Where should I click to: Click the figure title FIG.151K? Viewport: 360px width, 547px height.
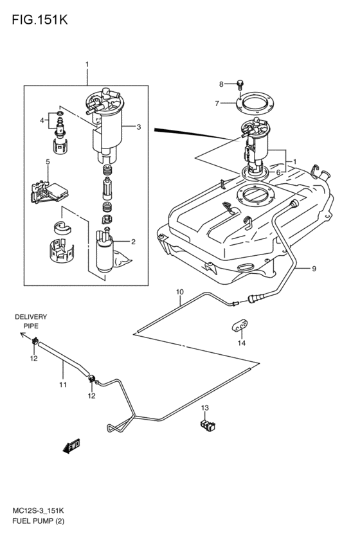click(40, 19)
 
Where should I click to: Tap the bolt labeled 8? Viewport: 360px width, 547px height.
click(240, 84)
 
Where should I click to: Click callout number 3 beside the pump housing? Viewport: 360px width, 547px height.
click(138, 127)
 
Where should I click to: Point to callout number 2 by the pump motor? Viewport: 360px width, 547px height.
click(133, 242)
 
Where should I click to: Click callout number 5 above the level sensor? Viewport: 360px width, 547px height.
click(48, 161)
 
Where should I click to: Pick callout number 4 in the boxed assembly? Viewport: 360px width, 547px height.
click(42, 121)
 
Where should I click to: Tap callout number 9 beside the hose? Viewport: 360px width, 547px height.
click(314, 269)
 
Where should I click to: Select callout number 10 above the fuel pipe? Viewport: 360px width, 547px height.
click(179, 292)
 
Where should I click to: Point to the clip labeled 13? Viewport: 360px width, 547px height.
click(208, 426)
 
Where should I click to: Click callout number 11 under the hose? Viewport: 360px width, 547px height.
click(63, 385)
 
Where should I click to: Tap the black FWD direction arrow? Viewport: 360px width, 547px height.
click(71, 446)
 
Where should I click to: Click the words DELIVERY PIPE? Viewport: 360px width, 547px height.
click(31, 321)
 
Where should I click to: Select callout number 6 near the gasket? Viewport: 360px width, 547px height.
click(278, 172)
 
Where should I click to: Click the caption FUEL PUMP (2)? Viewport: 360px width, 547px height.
click(39, 521)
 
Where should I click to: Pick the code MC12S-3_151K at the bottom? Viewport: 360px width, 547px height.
click(38, 511)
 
